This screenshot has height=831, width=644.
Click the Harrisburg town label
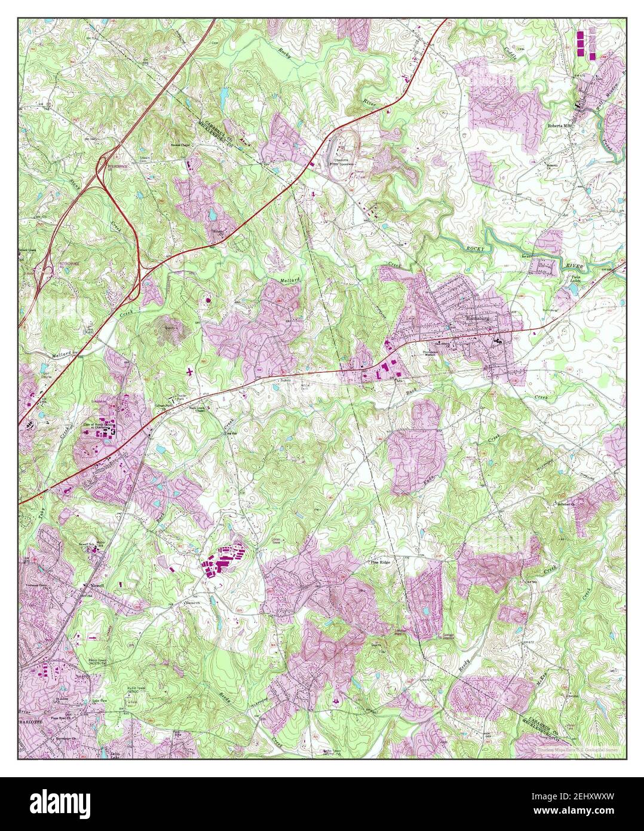click(480, 319)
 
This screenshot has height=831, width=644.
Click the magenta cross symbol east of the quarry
click(190, 372)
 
